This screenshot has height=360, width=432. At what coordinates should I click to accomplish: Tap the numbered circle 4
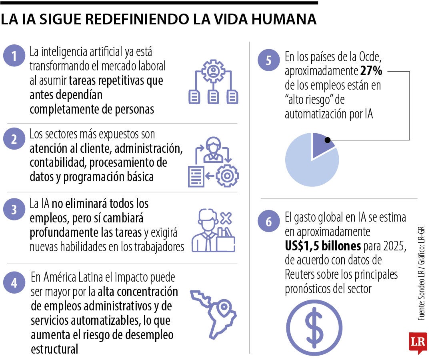click(14, 283)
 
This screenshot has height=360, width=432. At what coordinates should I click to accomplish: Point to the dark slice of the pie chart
click(320, 142)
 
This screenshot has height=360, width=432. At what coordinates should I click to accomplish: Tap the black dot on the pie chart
click(328, 140)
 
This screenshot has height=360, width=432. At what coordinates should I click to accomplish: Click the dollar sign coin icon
click(314, 328)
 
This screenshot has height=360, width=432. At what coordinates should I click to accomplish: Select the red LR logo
click(418, 342)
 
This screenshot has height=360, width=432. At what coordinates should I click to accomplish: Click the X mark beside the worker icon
click(226, 218)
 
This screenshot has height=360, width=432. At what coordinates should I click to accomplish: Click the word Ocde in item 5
click(374, 58)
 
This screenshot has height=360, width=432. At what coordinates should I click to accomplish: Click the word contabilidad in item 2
click(58, 163)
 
